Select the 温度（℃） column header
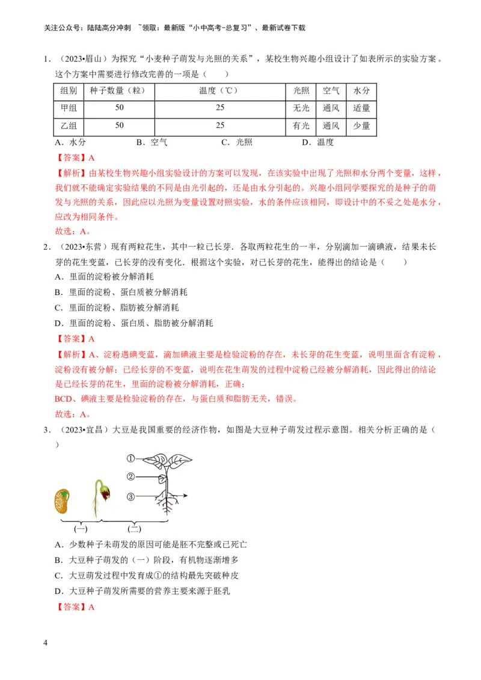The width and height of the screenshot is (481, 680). pyautogui.click(x=219, y=91)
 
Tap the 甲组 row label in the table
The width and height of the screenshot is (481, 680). pyautogui.click(x=69, y=109)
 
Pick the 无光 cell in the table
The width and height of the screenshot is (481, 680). pyautogui.click(x=301, y=109)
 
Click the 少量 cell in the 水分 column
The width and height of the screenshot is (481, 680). pyautogui.click(x=361, y=126)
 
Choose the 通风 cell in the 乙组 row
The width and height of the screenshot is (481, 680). pyautogui.click(x=331, y=126)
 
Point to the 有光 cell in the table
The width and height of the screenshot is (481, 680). pyautogui.click(x=301, y=126)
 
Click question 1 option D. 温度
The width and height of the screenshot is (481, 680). pyautogui.click(x=317, y=142)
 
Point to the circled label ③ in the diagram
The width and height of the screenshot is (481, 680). pyautogui.click(x=130, y=497)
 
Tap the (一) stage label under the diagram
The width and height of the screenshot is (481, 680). pyautogui.click(x=81, y=529)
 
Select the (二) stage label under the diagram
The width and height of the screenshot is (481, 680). pyautogui.click(x=135, y=529)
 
